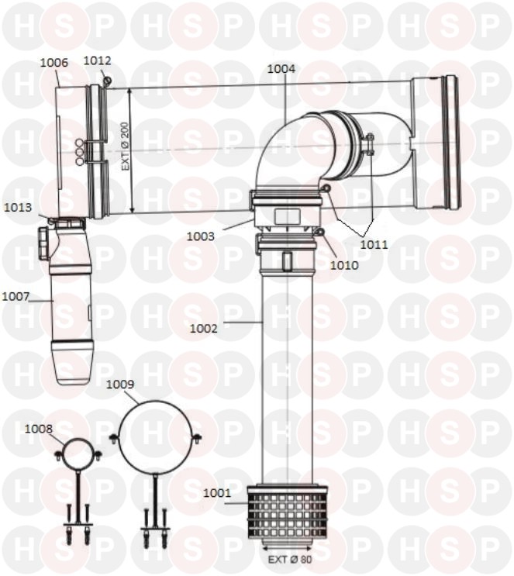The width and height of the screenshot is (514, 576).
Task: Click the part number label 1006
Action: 53,63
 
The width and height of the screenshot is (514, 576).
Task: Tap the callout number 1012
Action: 97,60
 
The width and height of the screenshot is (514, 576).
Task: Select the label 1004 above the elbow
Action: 281,69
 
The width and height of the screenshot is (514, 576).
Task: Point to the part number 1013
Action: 18,208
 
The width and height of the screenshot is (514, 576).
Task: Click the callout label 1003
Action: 200,236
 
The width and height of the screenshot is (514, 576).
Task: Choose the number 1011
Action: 374,245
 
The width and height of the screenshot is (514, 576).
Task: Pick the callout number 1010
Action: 344,265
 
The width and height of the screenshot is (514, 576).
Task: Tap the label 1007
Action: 16,296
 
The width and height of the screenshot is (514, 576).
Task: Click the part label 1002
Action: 203,329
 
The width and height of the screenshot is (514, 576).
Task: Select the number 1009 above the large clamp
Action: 120,385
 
